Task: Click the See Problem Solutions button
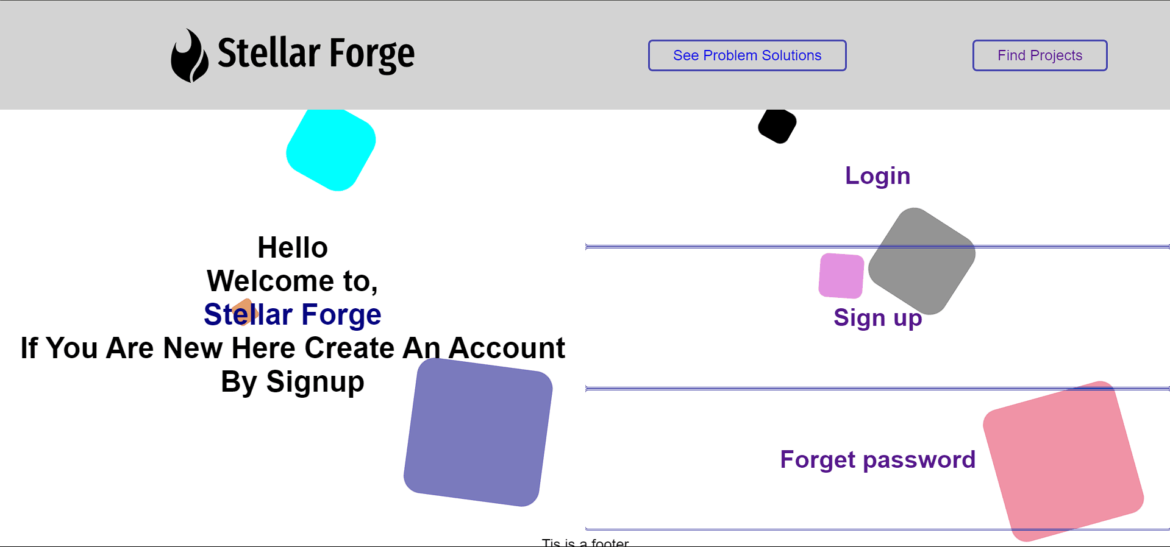[747, 55]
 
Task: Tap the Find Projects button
[1040, 55]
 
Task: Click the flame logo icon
[189, 55]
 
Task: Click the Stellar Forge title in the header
[316, 54]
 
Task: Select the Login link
[877, 176]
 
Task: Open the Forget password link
[877, 460]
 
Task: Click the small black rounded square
[777, 126]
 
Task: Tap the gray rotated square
[922, 261]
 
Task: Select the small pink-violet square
[841, 276]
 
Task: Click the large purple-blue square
[478, 432]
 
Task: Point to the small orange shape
[244, 312]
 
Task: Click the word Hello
[293, 248]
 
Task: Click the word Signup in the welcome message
[315, 383]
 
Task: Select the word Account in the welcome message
[507, 348]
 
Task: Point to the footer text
[585, 542]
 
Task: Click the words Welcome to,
[293, 281]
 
